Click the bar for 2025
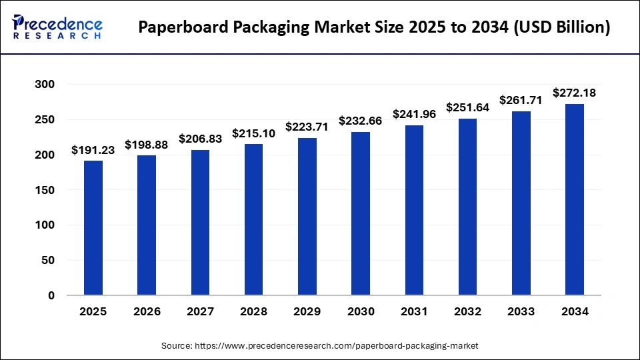93,228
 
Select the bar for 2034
575,199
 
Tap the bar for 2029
307,217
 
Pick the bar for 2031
414,210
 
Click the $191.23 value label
93,150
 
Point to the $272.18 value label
575,93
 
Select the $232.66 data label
361,121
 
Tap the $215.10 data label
254,133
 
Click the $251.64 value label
468,107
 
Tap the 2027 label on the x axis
200,311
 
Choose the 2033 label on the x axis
521,311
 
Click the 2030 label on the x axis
361,311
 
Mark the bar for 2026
147,225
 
